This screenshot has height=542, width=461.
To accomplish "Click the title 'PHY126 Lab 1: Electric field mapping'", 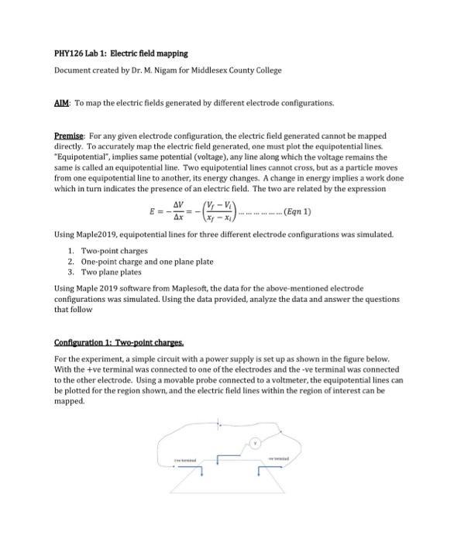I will point(121,53).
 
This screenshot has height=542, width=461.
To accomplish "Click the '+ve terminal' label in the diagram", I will point(189,460).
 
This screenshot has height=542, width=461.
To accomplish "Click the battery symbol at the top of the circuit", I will point(222,424).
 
